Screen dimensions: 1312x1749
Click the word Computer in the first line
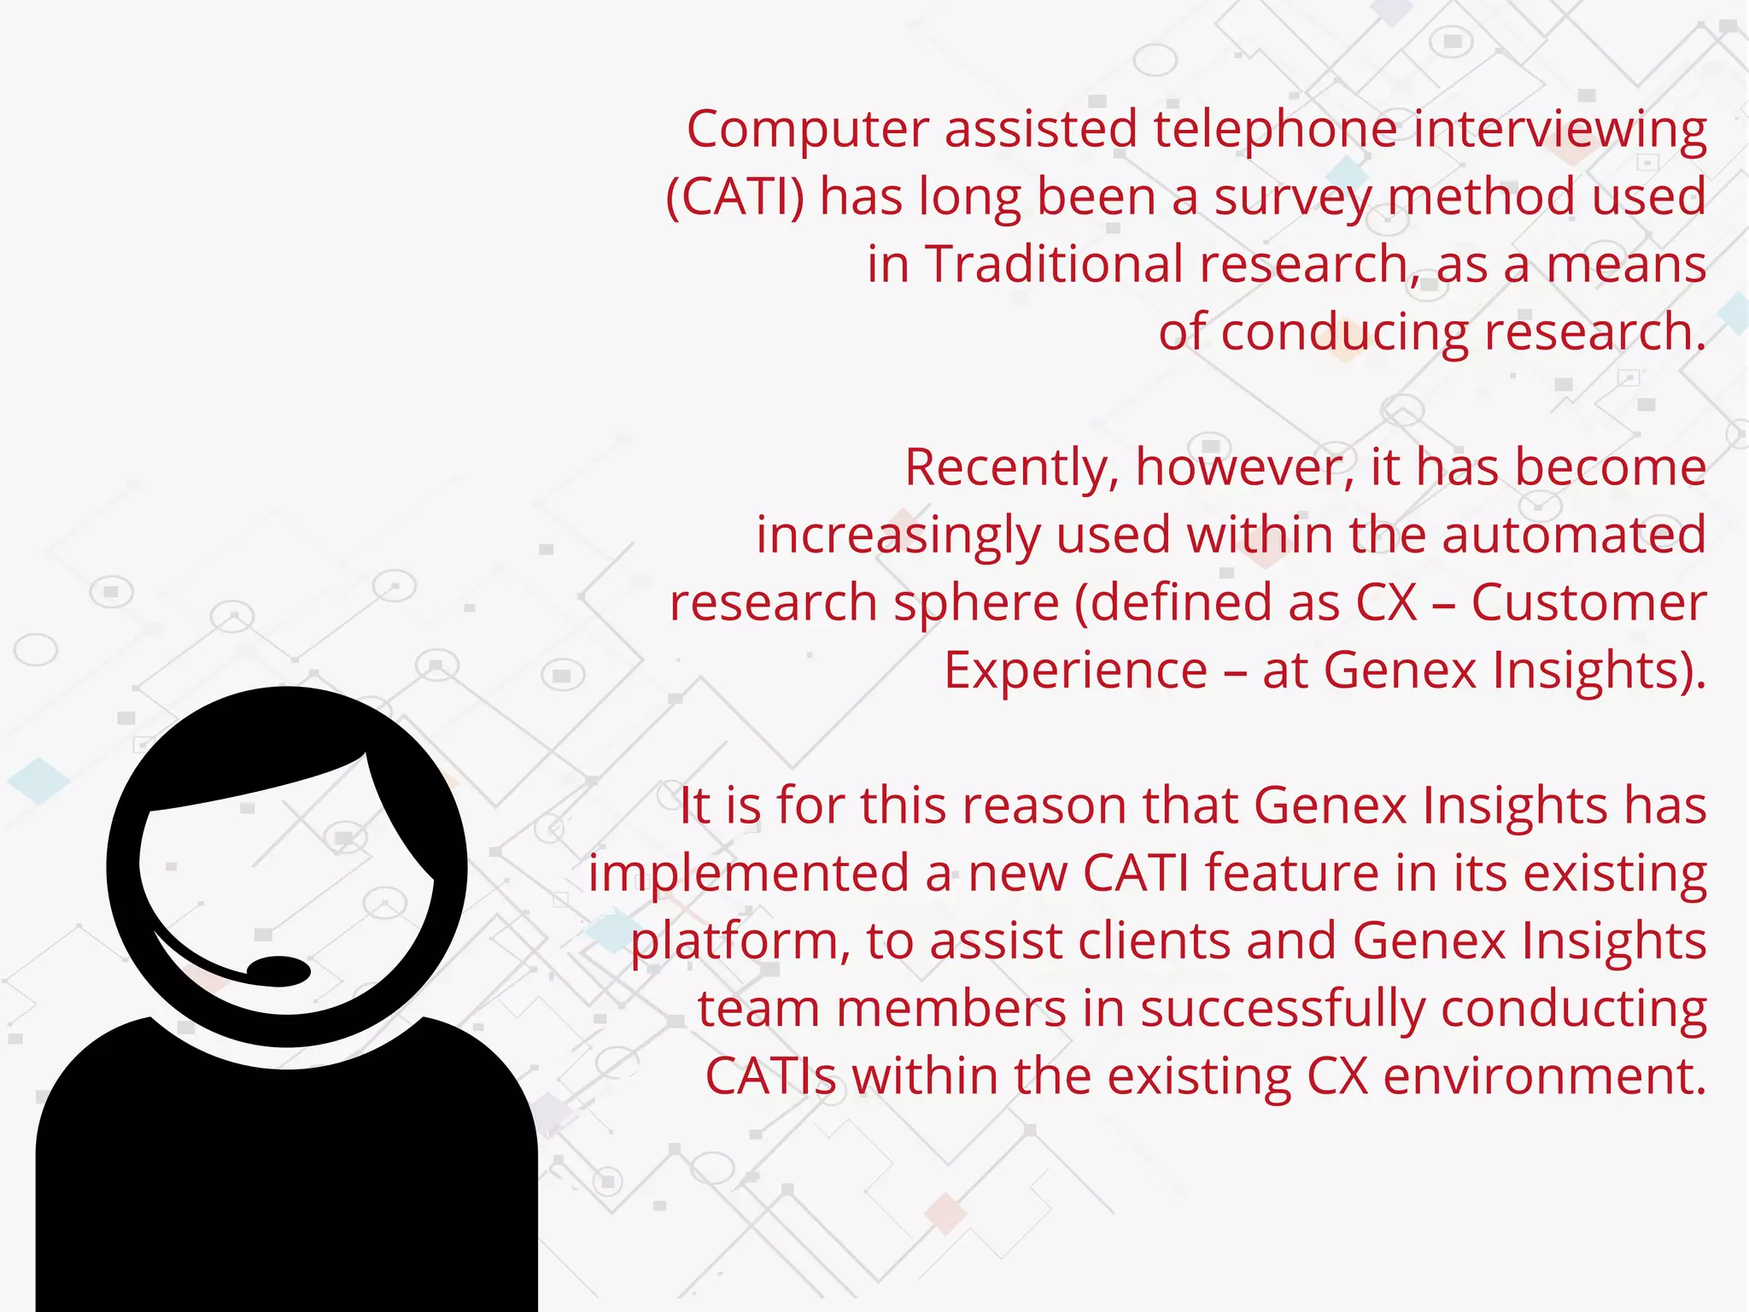click(x=807, y=130)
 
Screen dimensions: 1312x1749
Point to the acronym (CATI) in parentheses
click(x=734, y=197)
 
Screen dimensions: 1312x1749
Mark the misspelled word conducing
click(x=1344, y=333)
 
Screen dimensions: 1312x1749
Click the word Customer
click(x=1588, y=602)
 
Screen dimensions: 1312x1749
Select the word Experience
click(x=1075, y=671)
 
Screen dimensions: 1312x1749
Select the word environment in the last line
click(x=1544, y=1076)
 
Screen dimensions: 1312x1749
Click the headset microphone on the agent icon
click(x=278, y=971)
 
